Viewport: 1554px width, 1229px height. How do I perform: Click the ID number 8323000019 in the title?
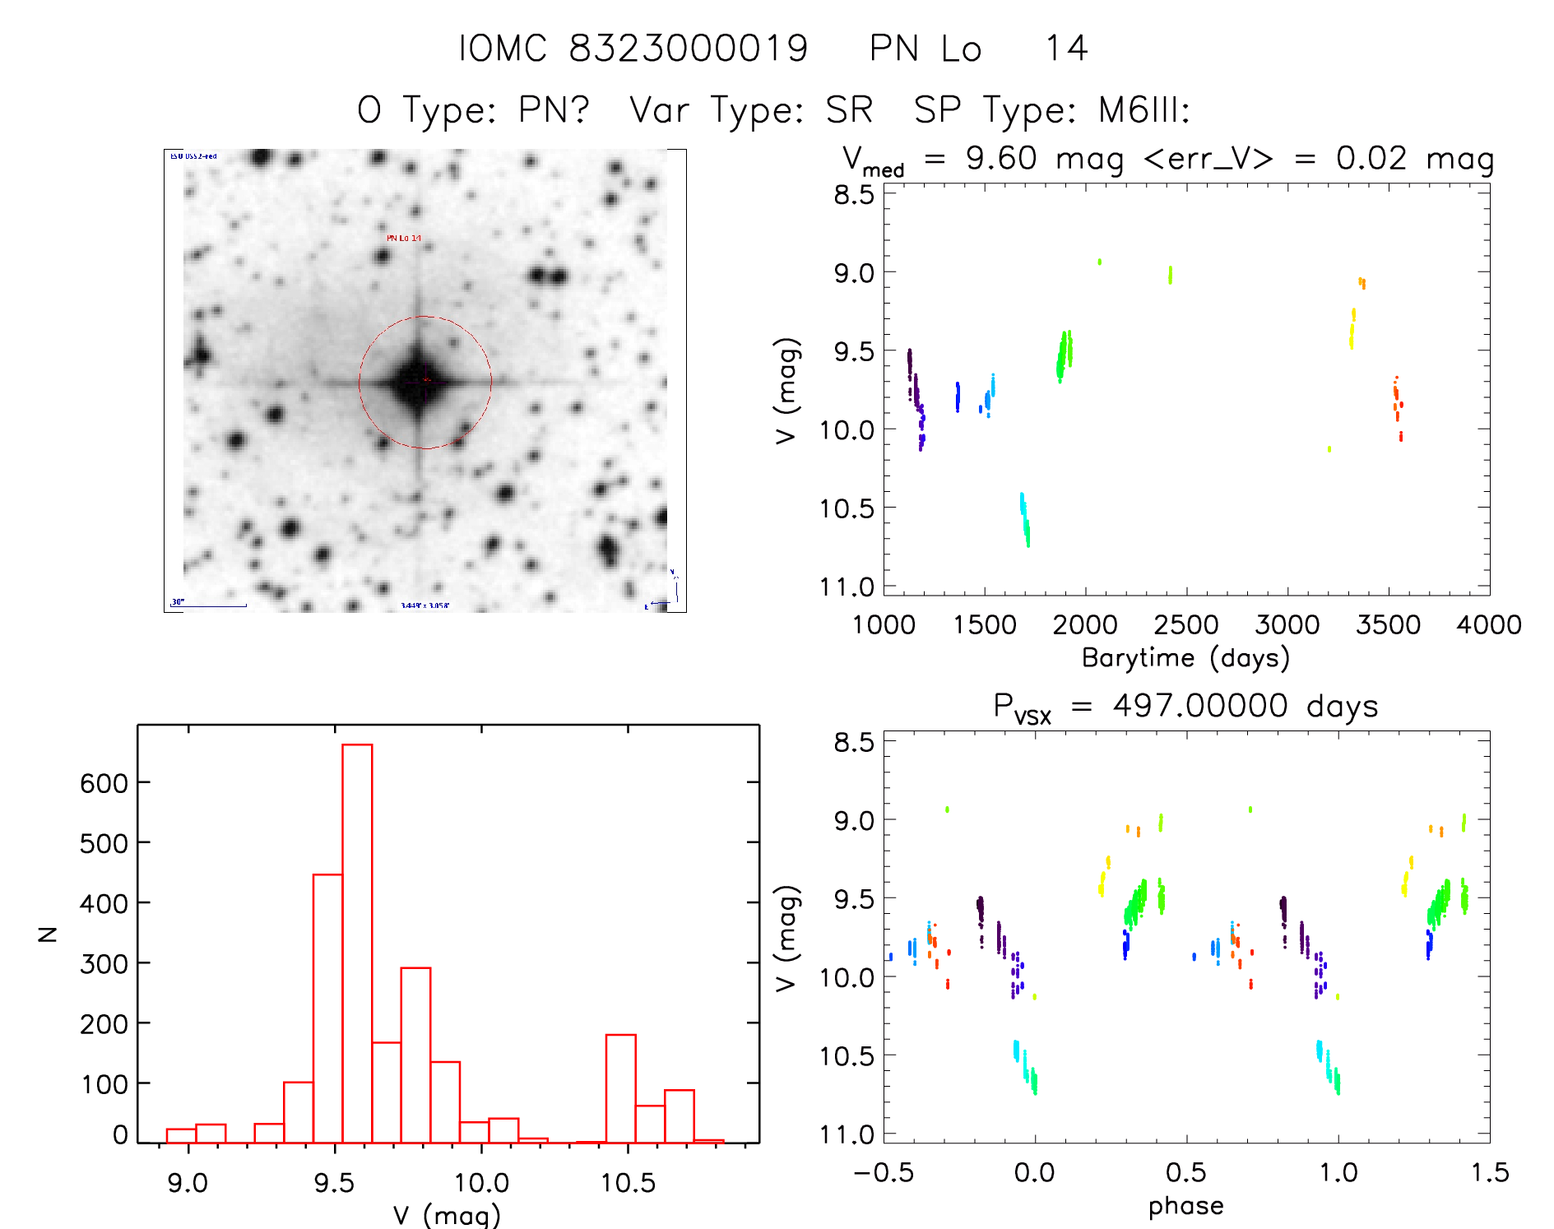tap(689, 49)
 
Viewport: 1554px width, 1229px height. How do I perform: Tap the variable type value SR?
tap(849, 109)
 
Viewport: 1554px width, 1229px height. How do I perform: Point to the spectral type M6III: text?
tap(1143, 109)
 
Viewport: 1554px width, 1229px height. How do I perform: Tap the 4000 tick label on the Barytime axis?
tap(1488, 625)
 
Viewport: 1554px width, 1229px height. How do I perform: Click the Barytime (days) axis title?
tap(1185, 658)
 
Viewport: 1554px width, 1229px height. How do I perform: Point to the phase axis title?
tap(1185, 1206)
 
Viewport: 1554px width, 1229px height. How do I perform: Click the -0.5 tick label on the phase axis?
tap(883, 1173)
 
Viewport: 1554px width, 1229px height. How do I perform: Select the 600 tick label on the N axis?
tap(104, 783)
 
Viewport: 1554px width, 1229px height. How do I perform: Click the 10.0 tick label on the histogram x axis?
tap(481, 1183)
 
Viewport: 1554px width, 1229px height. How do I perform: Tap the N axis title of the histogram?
tap(49, 934)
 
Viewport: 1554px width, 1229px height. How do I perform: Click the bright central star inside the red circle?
tap(419, 381)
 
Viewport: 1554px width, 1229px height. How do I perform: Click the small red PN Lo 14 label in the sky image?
tap(404, 239)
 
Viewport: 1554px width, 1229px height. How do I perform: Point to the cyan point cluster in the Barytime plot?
tap(1024, 518)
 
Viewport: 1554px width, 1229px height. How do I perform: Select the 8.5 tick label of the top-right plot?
tap(853, 195)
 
